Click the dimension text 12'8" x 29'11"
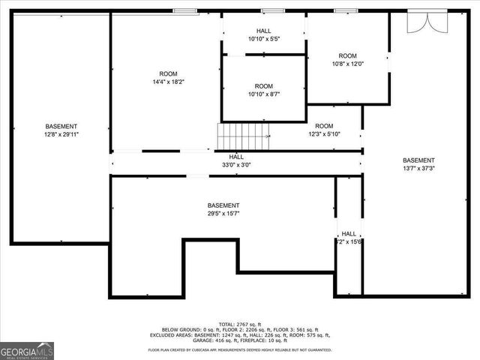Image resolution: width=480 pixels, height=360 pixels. [x=61, y=135]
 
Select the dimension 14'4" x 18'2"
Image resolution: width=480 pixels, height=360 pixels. [x=168, y=82]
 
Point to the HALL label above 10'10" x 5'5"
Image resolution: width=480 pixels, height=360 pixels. [x=263, y=31]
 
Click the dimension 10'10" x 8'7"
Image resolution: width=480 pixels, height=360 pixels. [x=263, y=94]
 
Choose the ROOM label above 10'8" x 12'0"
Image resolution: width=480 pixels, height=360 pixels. [x=347, y=55]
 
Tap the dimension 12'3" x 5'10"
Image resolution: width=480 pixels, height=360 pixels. [x=324, y=134]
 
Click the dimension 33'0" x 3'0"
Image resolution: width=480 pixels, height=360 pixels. [x=236, y=165]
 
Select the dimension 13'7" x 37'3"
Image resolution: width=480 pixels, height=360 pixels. [x=418, y=169]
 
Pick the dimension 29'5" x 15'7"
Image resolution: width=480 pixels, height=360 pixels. [x=223, y=214]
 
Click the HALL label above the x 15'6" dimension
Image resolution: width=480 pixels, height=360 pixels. [x=349, y=233]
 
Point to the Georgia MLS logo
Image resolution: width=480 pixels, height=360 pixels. [x=27, y=349]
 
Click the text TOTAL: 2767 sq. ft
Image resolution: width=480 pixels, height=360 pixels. [x=241, y=324]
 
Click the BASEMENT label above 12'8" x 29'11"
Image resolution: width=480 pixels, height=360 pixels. [x=61, y=126]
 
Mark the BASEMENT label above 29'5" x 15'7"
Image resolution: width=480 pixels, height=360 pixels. [x=223, y=205]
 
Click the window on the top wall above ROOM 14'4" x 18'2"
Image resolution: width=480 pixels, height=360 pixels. [x=184, y=10]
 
